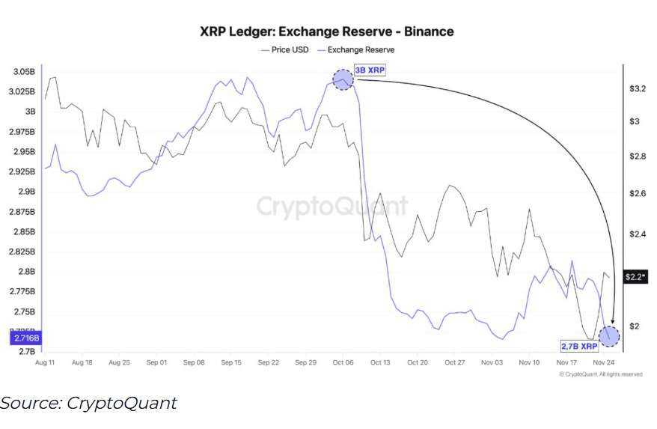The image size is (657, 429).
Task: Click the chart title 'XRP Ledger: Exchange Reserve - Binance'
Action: [326, 31]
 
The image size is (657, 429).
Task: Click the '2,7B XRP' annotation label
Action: [580, 347]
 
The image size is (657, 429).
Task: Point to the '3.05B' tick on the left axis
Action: [23, 72]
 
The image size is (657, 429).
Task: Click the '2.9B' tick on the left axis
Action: [26, 192]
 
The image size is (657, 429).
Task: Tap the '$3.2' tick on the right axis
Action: [638, 88]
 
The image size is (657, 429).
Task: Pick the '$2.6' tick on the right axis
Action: [638, 194]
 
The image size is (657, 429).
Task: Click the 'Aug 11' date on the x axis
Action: [46, 362]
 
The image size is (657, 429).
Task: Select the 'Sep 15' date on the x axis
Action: [231, 362]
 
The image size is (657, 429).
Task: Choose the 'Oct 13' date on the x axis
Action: [379, 362]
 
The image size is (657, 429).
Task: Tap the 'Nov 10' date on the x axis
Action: [529, 362]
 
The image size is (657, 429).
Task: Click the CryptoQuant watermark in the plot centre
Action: [332, 206]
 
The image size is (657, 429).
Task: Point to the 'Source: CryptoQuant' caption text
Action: [88, 403]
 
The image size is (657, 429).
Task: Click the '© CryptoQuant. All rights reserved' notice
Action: [599, 374]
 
